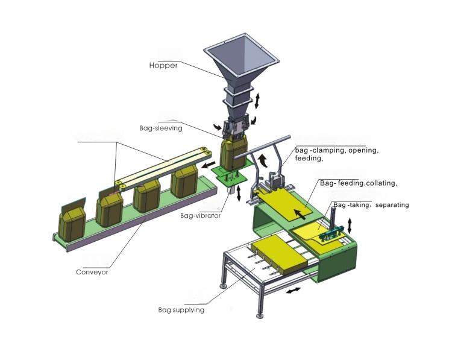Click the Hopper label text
tap(163, 65)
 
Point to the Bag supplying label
tap(181, 310)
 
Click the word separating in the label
tap(392, 205)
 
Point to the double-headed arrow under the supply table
tap(295, 291)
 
